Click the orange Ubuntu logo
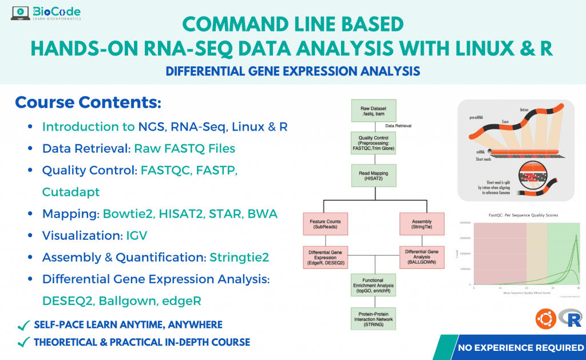pos(545,319)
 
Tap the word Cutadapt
pos(71,192)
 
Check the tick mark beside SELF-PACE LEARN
pos(23,325)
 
